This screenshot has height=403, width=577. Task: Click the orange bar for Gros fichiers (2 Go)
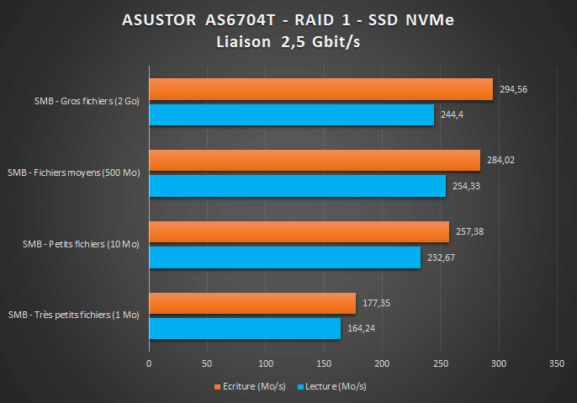(x=320, y=89)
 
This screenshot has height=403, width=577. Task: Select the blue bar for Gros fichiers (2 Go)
(x=291, y=114)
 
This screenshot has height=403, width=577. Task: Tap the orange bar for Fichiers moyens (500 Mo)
(x=314, y=160)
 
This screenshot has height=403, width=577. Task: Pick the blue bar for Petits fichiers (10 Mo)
(x=284, y=257)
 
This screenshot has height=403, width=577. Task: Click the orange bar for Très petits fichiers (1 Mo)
(x=252, y=303)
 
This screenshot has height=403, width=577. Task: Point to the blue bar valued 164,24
(x=245, y=328)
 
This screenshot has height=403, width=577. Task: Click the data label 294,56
(x=512, y=88)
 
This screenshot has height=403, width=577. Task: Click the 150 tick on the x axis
(x=323, y=364)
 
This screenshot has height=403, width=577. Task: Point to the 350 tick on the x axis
(x=556, y=364)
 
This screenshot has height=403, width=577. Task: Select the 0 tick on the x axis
(x=149, y=364)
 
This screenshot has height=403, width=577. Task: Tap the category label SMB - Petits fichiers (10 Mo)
(x=81, y=244)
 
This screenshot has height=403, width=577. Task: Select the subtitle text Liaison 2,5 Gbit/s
(x=288, y=41)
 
